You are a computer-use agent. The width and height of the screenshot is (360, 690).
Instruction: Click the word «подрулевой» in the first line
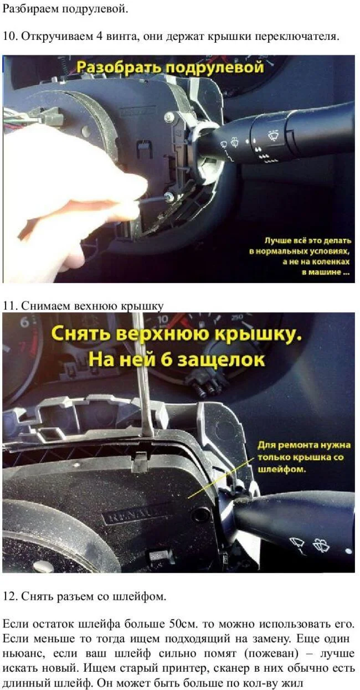(x=95, y=9)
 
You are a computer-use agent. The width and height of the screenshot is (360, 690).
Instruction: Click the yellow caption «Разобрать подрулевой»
(x=170, y=67)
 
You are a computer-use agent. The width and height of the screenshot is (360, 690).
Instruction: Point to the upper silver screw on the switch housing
(x=169, y=116)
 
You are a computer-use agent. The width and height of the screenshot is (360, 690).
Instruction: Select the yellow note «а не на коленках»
(x=317, y=262)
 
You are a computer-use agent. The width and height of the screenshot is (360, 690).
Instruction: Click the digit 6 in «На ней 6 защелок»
(x=167, y=359)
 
